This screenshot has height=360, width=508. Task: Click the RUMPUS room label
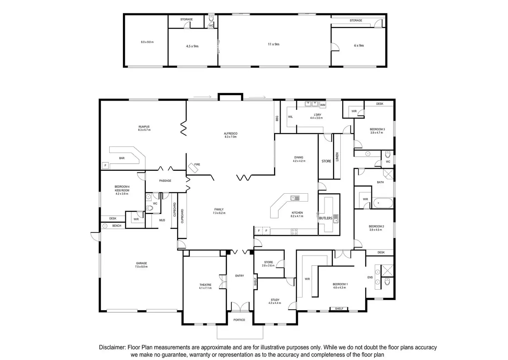[144, 127]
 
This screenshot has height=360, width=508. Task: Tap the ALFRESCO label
[231, 134]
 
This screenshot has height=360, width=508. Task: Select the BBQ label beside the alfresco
[277, 119]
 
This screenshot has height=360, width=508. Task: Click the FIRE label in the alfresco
[197, 165]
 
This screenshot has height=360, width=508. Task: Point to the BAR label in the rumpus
[122, 158]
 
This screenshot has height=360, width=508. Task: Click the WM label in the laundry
[323, 105]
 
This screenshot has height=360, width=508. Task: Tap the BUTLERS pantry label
[325, 218]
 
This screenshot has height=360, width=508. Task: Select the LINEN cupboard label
[337, 157]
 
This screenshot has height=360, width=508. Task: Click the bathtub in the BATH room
[383, 203]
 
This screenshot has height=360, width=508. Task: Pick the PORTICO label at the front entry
[239, 320]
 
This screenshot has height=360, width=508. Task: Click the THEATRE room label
[205, 285]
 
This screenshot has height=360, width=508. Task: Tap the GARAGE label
[141, 263]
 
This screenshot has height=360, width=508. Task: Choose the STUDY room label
[275, 300]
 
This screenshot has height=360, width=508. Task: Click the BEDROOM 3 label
[377, 129]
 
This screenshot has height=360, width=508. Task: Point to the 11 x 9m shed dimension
[274, 44]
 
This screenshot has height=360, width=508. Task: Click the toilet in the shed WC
[211, 19]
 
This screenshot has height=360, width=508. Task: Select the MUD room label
[162, 220]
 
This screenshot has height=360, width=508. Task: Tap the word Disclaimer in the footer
[112, 348]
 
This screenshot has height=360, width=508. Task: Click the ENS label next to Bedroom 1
[370, 278]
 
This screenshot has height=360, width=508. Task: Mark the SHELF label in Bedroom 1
[339, 309]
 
